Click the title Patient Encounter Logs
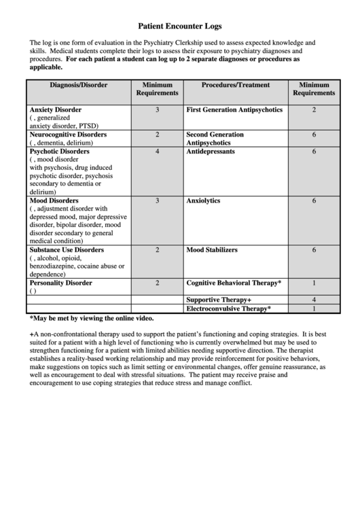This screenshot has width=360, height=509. pyautogui.click(x=179, y=27)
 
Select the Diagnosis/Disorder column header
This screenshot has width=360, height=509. pyautogui.click(x=78, y=85)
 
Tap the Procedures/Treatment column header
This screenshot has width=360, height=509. pyautogui.click(x=236, y=85)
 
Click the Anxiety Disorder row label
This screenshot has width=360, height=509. pyautogui.click(x=55, y=109)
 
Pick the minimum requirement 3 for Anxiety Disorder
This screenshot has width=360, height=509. pyautogui.click(x=157, y=109)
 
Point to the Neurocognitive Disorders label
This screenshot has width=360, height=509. pyautogui.click(x=67, y=135)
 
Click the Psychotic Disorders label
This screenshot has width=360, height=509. pyautogui.click(x=59, y=152)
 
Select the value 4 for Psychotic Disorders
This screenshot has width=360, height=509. pyautogui.click(x=157, y=152)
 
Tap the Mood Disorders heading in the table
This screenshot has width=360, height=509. pyautogui.click(x=54, y=201)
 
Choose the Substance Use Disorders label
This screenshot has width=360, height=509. pyautogui.click(x=66, y=250)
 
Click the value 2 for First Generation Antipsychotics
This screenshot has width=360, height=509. pyautogui.click(x=314, y=109)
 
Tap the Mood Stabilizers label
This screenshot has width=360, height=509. pyautogui.click(x=212, y=250)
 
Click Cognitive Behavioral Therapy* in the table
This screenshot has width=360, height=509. pyautogui.click(x=234, y=283)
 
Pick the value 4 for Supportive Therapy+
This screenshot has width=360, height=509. pyautogui.click(x=314, y=300)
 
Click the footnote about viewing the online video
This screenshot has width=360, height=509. pyautogui.click(x=91, y=318)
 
